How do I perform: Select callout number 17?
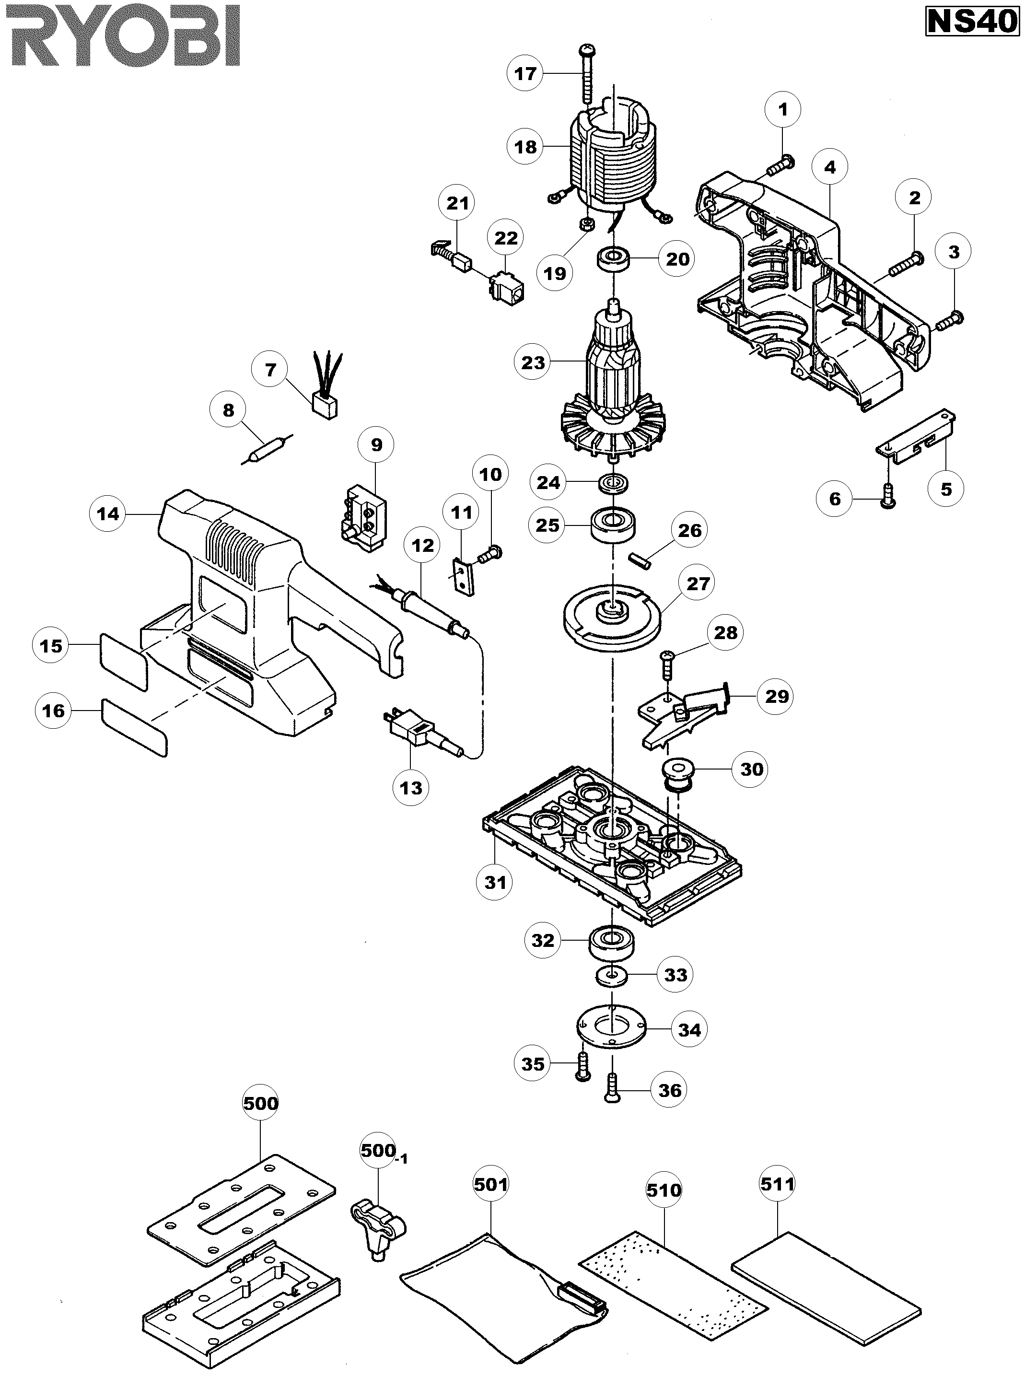coord(525,73)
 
